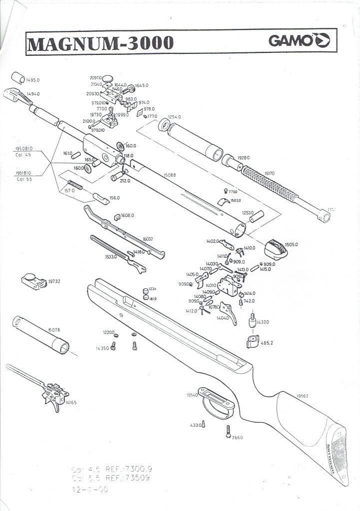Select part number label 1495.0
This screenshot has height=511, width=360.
tap(33, 80)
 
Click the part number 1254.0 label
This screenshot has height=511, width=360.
tap(174, 117)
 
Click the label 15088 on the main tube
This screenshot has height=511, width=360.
tap(171, 175)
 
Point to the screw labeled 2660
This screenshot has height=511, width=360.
tap(228, 433)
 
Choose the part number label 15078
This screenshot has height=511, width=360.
tap(54, 330)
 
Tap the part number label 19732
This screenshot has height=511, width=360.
tap(54, 281)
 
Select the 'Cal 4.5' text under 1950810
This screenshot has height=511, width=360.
tap(24, 154)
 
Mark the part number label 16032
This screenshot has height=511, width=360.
tap(148, 239)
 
